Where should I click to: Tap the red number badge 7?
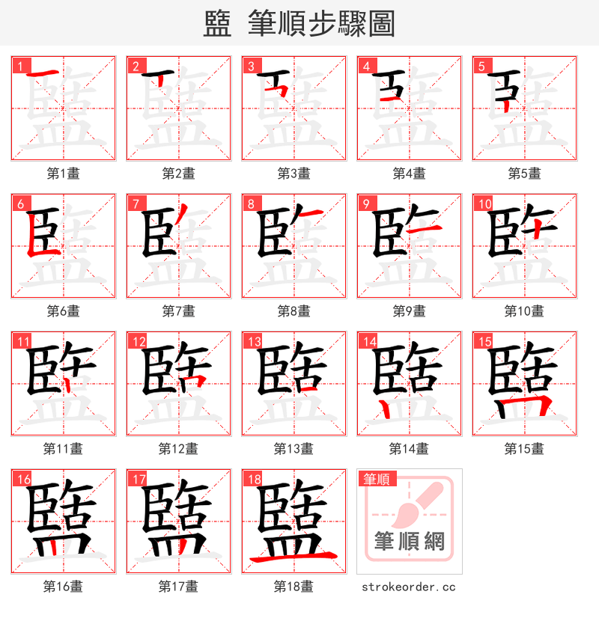[136, 204]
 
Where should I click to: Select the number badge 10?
[483, 204]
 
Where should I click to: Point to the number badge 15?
[483, 342]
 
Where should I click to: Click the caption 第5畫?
[524, 174]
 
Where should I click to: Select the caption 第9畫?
[409, 311]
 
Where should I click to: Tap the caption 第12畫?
[178, 449]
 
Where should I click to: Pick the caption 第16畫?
[63, 587]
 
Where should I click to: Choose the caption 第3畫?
[294, 174]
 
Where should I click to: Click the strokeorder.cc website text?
[409, 587]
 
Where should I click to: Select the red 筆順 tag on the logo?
[376, 480]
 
